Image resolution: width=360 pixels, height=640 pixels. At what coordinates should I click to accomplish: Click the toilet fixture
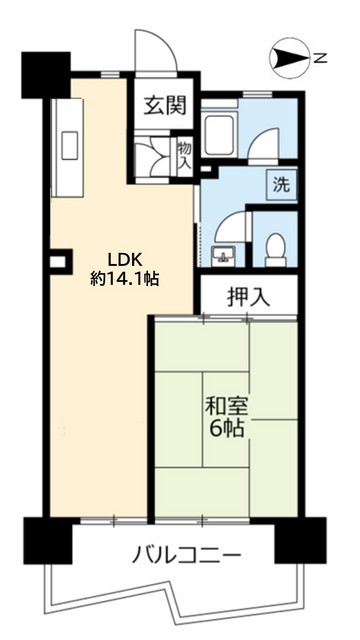(273, 248)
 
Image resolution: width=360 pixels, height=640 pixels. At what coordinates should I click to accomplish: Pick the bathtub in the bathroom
(217, 132)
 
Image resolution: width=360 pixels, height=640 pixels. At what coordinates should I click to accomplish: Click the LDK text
(109, 254)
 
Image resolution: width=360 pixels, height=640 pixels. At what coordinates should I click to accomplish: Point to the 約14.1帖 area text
(124, 278)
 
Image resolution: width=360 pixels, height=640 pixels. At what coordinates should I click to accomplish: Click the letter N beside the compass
(323, 60)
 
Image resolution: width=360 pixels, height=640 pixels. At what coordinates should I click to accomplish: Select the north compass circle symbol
(291, 60)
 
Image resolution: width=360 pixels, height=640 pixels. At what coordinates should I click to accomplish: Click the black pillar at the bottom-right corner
(300, 541)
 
